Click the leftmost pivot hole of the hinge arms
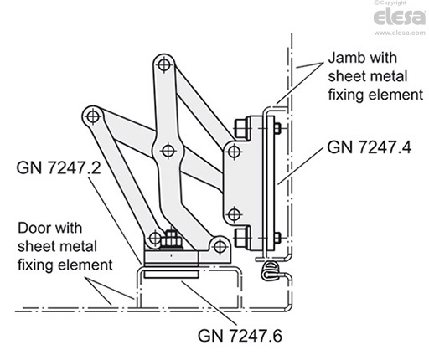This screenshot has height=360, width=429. [90, 115]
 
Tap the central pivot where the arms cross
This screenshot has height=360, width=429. [167, 150]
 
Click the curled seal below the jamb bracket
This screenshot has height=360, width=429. [269, 269]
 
